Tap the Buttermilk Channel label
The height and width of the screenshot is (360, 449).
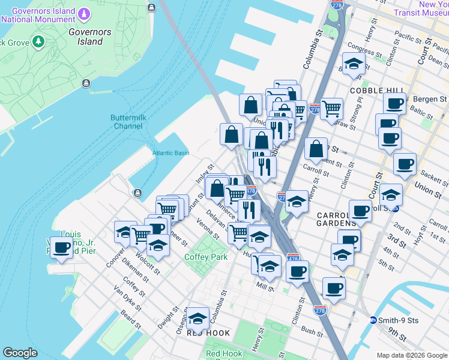(x=127, y=122)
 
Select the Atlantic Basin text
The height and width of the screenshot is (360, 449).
(x=170, y=153)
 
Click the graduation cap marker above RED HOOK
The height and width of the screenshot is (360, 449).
(x=197, y=319)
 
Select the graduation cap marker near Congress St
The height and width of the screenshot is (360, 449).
(x=354, y=64)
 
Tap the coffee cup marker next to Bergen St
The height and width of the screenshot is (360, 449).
(x=394, y=104)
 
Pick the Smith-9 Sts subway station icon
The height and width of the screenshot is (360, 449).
(x=373, y=320)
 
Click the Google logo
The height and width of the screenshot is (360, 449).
(x=20, y=353)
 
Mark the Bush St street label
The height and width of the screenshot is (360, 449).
(x=312, y=331)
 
